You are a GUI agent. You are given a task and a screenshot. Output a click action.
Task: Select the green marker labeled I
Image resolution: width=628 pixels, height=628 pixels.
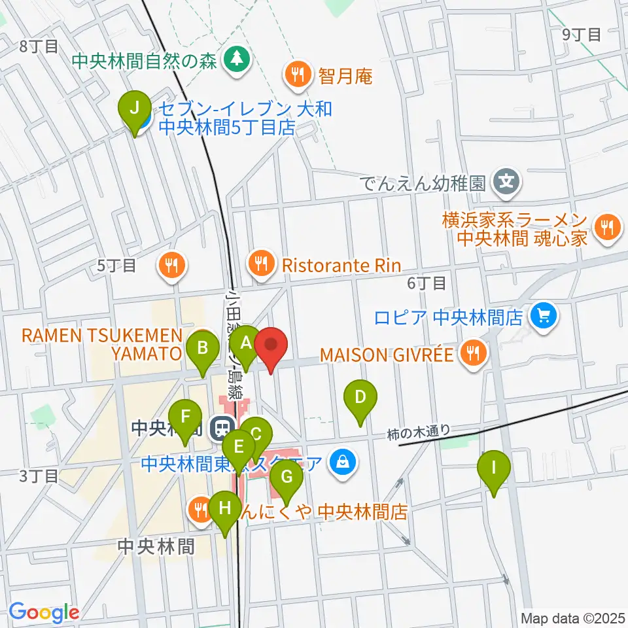pos(494,468)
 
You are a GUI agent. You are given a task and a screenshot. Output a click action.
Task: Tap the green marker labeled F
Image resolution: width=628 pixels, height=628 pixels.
pos(185,417)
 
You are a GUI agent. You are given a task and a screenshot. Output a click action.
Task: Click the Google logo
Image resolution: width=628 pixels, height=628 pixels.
pos(44,613)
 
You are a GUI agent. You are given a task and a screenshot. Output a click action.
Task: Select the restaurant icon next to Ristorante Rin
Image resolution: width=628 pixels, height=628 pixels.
pos(262,264)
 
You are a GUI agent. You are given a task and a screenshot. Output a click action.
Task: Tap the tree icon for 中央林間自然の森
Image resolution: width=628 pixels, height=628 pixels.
pos(234,60)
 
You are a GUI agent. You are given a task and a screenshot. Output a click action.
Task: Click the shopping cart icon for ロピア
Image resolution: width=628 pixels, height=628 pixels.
pos(542,317)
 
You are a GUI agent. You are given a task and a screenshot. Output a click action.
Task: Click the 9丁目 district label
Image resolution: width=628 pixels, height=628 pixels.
pos(582,35)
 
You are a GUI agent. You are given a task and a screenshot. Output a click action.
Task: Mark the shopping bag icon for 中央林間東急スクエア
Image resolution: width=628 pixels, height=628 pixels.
pos(341,462)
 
